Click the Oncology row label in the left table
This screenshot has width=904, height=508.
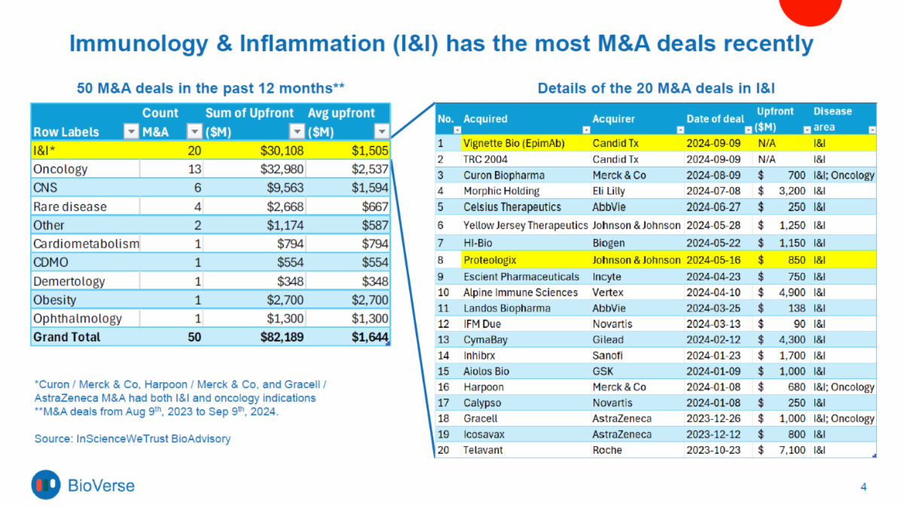(60, 169)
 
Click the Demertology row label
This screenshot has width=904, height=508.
(70, 281)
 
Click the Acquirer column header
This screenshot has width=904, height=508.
(613, 119)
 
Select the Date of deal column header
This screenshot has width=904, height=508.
(715, 119)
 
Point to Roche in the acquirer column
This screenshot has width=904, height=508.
(607, 450)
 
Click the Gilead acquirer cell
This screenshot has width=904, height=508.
(609, 340)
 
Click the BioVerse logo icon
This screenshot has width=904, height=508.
(46, 485)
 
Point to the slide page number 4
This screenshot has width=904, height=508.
(863, 487)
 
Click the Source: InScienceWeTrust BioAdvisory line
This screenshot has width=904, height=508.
(133, 438)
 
